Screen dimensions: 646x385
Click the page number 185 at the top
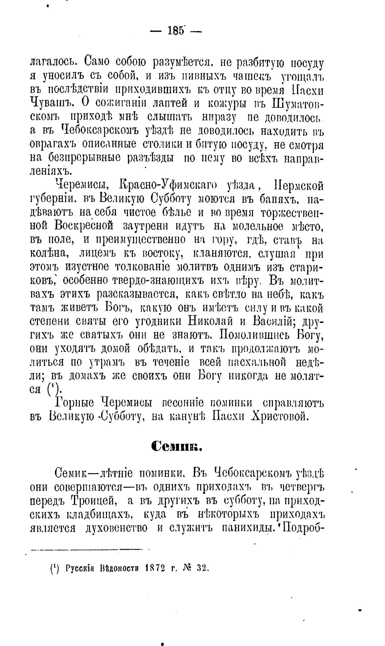(x=176, y=31)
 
